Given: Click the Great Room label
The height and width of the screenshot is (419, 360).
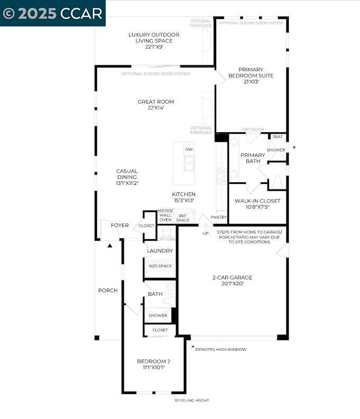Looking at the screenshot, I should pos(155,105).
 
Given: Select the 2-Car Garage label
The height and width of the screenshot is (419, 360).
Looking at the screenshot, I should pos(232,280).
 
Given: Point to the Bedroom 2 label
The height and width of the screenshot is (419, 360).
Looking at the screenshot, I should pos(153,365).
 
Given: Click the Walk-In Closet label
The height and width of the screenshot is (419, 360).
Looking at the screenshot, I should pos(257,203).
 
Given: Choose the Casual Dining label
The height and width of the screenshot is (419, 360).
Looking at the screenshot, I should pos(127,177).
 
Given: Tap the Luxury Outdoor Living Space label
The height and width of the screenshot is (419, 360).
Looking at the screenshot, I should pos(154,41).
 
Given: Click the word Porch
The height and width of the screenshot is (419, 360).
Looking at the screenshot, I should pos(108,291).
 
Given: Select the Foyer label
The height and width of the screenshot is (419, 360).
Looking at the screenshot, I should pos(119,226).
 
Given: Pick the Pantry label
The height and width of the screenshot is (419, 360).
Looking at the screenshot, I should pos(218,217).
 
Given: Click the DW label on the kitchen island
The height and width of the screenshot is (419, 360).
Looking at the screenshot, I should pos(189,150).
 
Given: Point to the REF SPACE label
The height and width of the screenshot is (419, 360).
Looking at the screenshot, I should pos(183,218).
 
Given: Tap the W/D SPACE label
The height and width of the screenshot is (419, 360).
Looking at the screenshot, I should pos(160,266).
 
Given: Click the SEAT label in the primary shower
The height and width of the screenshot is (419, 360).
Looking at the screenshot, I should pos(278,137).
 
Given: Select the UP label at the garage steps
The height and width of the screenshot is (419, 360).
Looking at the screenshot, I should pos(205,233).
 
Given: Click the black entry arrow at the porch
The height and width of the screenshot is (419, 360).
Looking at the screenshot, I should pos(110,245).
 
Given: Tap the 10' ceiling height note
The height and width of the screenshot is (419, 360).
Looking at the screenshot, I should pos(191,401).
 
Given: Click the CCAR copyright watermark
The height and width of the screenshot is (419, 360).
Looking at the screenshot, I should pos(53,13).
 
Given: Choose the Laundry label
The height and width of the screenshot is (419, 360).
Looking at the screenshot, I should pos(160,250).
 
